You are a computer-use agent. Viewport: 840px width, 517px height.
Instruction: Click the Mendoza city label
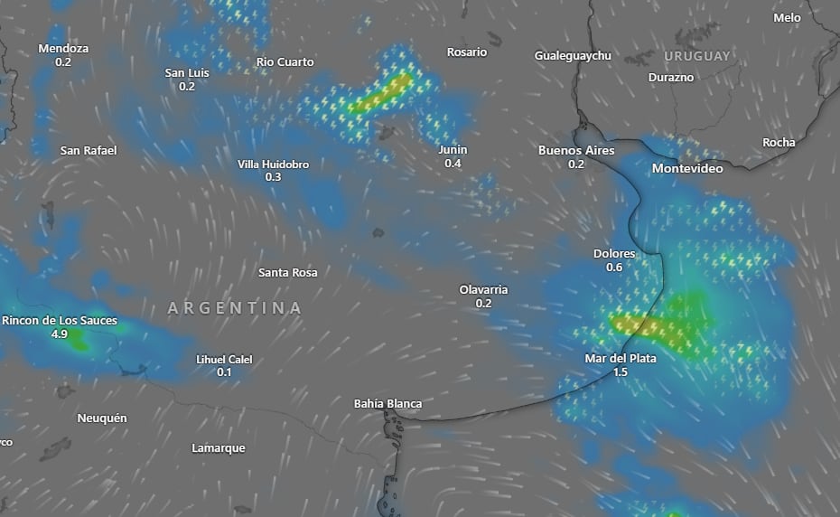(x=63, y=49)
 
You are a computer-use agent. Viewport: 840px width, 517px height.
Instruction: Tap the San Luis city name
(x=187, y=73)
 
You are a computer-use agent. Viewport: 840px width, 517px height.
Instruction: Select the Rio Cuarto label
(x=285, y=62)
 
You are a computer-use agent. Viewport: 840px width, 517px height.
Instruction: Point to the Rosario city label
(x=467, y=52)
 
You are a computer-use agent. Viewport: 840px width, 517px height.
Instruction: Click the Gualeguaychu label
(x=573, y=56)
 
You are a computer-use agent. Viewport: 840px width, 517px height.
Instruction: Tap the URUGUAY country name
(x=697, y=56)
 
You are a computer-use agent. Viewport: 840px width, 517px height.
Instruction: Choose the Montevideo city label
(x=687, y=169)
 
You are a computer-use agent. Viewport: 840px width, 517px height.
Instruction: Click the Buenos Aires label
(x=576, y=151)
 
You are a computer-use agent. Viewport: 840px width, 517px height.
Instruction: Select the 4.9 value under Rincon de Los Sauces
(x=60, y=334)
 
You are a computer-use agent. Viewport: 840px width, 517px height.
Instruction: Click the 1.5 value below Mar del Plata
(x=621, y=371)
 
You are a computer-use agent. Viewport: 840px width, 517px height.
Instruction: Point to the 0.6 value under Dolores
(x=614, y=268)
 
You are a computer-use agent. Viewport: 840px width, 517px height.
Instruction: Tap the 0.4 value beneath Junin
(x=453, y=164)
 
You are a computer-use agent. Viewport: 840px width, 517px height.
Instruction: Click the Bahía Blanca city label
(x=387, y=404)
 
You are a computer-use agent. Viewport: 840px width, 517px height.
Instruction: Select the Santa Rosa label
(x=288, y=273)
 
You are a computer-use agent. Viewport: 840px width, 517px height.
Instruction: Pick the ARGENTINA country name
(x=235, y=308)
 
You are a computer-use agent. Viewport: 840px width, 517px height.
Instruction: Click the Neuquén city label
(x=102, y=418)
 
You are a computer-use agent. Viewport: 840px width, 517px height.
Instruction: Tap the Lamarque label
(x=219, y=448)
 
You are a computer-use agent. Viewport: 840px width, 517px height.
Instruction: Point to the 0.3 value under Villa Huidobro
(x=273, y=177)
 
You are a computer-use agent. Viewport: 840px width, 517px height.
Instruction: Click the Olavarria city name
(x=483, y=290)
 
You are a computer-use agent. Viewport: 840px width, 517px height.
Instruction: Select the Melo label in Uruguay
(x=788, y=18)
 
